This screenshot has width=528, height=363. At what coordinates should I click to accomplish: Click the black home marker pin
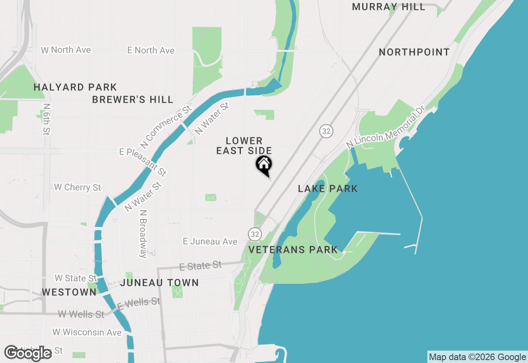click(264, 165)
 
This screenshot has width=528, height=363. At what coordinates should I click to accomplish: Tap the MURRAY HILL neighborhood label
click(389, 7)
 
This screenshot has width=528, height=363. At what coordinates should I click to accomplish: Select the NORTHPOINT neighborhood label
click(414, 52)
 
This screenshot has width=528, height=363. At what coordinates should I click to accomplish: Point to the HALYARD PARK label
click(75, 87)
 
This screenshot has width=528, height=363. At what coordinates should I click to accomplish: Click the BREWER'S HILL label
click(132, 100)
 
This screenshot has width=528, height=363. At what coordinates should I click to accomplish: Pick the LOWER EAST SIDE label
click(244, 146)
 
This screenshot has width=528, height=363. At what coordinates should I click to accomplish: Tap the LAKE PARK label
click(328, 189)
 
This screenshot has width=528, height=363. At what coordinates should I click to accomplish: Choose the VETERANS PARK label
click(293, 250)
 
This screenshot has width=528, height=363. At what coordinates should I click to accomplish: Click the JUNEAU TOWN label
click(160, 283)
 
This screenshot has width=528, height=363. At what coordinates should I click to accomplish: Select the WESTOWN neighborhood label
click(69, 292)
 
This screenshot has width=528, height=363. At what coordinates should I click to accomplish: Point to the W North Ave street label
click(66, 50)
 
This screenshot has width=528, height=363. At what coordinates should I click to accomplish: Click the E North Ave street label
click(151, 50)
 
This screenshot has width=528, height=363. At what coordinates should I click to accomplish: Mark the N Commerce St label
click(166, 127)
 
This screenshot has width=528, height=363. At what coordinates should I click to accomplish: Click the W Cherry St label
click(78, 187)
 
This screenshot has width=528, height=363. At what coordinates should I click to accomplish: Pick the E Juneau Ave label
click(210, 242)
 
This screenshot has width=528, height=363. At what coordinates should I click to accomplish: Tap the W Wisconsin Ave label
click(87, 332)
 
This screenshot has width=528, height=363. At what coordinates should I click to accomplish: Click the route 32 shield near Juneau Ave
click(255, 234)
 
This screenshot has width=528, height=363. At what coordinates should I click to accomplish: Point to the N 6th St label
click(46, 119)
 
